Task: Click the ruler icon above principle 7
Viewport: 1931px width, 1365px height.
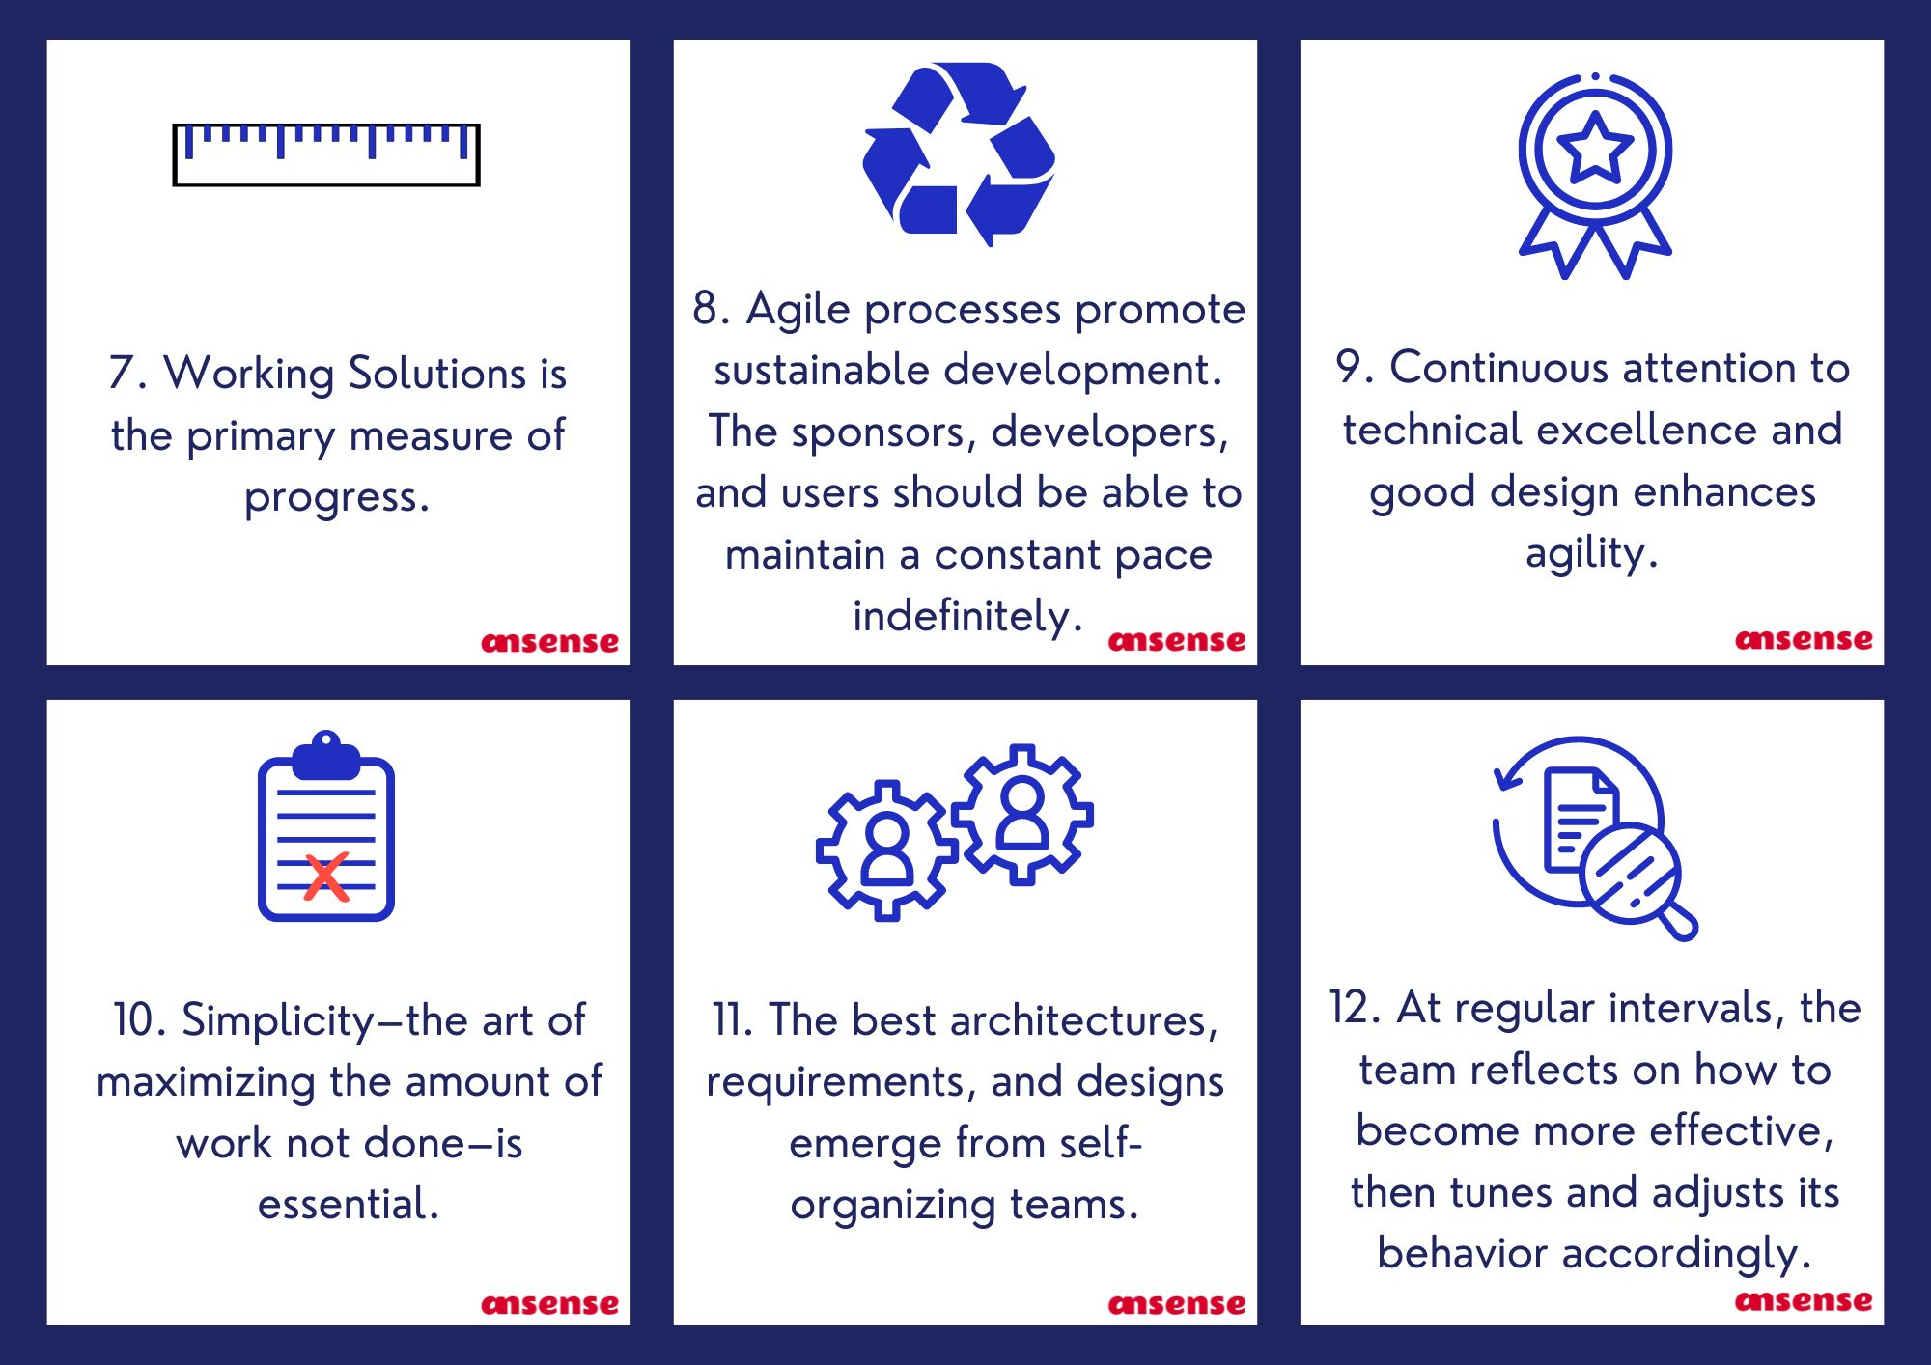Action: point(326,154)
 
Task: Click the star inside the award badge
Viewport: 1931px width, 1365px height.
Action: point(1595,149)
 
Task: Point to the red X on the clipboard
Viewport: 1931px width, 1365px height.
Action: point(326,877)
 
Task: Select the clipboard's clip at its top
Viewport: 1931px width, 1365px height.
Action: point(326,756)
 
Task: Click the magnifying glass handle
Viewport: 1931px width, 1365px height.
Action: point(1678,920)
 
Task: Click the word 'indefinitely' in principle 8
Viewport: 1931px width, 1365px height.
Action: point(961,616)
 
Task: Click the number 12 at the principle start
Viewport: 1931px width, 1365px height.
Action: point(1350,1008)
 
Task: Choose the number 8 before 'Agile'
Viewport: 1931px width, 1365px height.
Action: point(706,309)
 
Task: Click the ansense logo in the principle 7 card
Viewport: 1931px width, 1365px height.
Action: point(549,642)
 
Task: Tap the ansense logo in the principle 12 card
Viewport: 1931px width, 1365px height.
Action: point(1804,1301)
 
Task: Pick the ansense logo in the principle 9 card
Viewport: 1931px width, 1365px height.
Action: point(1804,639)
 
